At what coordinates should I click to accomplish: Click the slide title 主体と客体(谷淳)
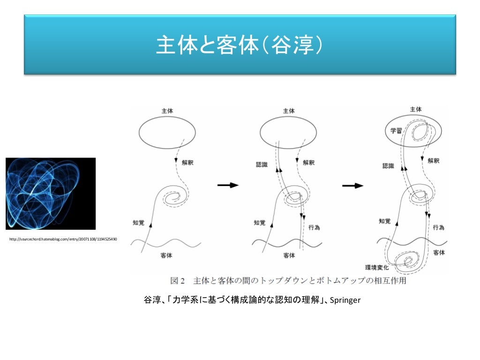point(240,46)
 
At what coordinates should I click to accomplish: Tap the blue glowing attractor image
point(51,194)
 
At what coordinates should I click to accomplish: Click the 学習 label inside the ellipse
point(397,131)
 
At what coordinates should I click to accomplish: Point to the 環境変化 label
point(377,268)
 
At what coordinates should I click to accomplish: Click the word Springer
point(345,300)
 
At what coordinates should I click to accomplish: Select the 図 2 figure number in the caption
point(178,281)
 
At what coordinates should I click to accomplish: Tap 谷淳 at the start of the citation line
point(151,300)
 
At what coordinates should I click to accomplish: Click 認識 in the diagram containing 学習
point(389,165)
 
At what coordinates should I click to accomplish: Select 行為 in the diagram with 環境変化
point(438,227)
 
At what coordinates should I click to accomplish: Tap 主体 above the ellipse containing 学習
point(416,109)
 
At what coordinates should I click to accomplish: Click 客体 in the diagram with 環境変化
point(439,253)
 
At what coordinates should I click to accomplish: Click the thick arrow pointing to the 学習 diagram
point(352,186)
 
